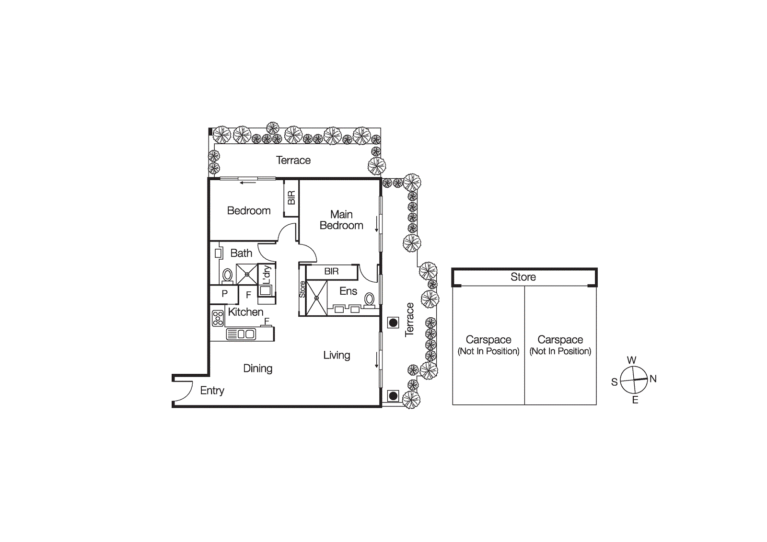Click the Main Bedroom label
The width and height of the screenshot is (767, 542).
coord(341,220)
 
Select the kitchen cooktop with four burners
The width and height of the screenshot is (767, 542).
coord(218,318)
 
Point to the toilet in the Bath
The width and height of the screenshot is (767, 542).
coord(228,276)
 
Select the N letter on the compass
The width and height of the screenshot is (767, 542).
coord(653,379)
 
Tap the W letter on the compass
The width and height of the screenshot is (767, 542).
coord(631,360)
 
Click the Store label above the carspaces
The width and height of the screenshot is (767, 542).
coord(523,277)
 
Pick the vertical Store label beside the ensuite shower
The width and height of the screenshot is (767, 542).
coord(302,289)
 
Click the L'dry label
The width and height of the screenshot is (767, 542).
coord(267,275)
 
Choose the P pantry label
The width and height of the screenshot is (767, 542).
coord(224,294)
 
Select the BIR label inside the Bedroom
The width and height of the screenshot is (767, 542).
coord(291,198)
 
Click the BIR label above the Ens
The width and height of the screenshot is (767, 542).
coord(331,271)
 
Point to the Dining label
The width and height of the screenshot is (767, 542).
coord(257,369)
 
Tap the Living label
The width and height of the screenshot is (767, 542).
coord(337,355)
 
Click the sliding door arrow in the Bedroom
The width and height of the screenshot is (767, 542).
coord(248,183)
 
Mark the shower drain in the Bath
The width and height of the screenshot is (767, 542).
coord(247,275)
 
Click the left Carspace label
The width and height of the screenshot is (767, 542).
coord(488,340)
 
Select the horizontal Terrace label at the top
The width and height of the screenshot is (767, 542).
coord(293,161)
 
